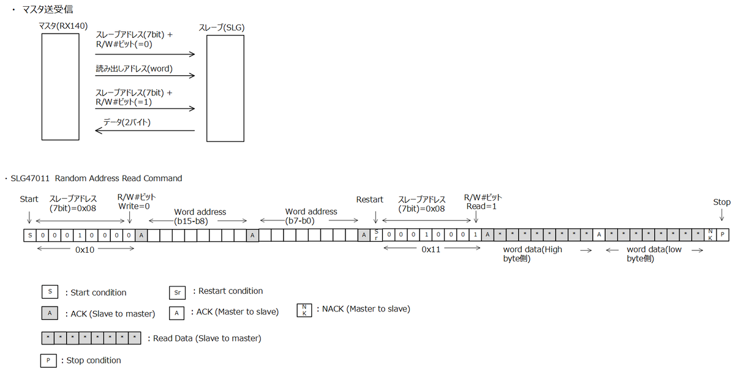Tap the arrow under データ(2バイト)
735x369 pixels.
pyautogui.click(x=145, y=130)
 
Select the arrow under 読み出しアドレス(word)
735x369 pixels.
pyautogui.click(x=145, y=76)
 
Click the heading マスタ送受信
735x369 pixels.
pyautogui.click(x=48, y=10)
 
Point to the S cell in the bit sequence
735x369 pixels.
pyautogui.click(x=30, y=235)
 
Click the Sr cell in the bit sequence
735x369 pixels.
pyautogui.click(x=376, y=235)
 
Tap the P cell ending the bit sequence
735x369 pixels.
pyautogui.click(x=723, y=235)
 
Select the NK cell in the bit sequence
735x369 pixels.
pyautogui.click(x=710, y=235)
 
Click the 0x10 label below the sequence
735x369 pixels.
pyautogui.click(x=85, y=250)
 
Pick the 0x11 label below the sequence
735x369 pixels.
pyautogui.click(x=431, y=250)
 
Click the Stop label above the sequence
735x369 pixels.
pyautogui.click(x=722, y=202)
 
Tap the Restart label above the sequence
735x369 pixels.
pyautogui.click(x=370, y=199)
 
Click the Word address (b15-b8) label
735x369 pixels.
pyautogui.click(x=200, y=216)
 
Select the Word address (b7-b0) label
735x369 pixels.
pyautogui.click(x=311, y=216)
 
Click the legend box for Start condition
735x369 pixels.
pyautogui.click(x=50, y=292)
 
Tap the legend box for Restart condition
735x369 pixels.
pyautogui.click(x=177, y=293)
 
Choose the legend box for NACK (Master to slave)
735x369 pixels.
pyautogui.click(x=304, y=310)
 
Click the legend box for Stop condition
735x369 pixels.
pyautogui.click(x=48, y=360)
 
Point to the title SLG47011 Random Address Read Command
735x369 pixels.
pyautogui.click(x=96, y=178)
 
